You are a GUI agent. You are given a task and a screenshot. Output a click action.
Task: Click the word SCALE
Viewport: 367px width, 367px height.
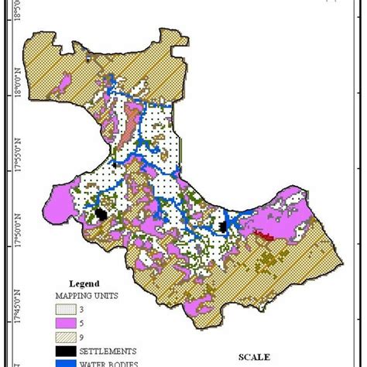click(255, 357)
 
